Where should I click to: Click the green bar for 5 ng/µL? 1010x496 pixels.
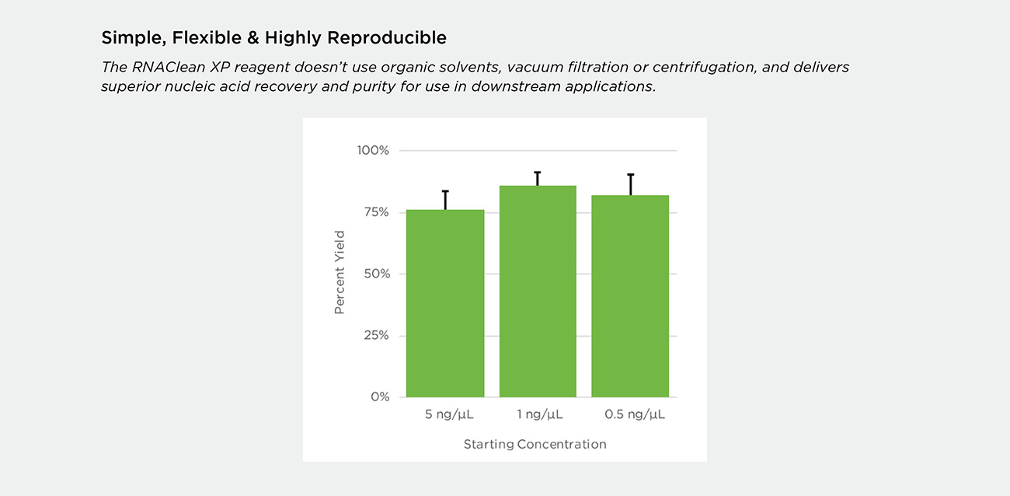[x=445, y=303]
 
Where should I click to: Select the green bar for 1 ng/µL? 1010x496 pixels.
[x=538, y=291]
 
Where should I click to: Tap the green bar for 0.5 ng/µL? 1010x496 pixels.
[x=630, y=296]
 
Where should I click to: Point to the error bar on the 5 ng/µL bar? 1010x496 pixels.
[x=445, y=201]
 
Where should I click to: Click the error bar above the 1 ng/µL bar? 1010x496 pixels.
[x=538, y=179]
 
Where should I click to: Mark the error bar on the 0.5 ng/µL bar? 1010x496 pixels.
[x=631, y=184]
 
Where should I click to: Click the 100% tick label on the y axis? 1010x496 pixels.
[x=373, y=150]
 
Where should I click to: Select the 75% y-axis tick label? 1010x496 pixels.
[x=377, y=212]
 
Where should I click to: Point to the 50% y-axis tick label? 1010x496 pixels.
[x=377, y=274]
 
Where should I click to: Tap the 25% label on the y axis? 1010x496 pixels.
[x=377, y=335]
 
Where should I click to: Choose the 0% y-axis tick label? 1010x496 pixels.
[x=380, y=396]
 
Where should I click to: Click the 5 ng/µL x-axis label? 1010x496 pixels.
[x=449, y=414]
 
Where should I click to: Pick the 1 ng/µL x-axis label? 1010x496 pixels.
[x=540, y=414]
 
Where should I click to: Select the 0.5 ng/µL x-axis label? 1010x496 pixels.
[x=635, y=414]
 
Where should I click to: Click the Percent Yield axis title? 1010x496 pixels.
[x=340, y=272]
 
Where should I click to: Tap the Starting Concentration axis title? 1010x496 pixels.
[x=535, y=445]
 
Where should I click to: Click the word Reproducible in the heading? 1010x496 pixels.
[x=387, y=38]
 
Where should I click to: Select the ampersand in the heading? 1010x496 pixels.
[x=253, y=37]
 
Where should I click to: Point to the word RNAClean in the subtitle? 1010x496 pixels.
[x=168, y=67]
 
